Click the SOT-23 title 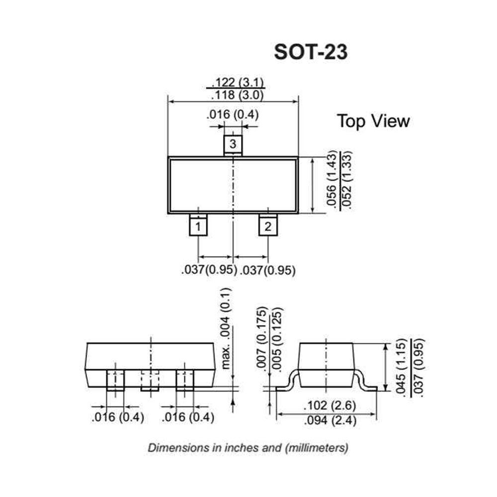click(x=311, y=52)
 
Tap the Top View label click(x=373, y=121)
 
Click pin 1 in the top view click(x=198, y=227)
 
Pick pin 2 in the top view click(x=268, y=227)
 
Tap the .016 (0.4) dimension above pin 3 click(x=233, y=115)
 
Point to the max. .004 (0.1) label click(x=227, y=328)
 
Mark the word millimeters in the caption click(x=316, y=447)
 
